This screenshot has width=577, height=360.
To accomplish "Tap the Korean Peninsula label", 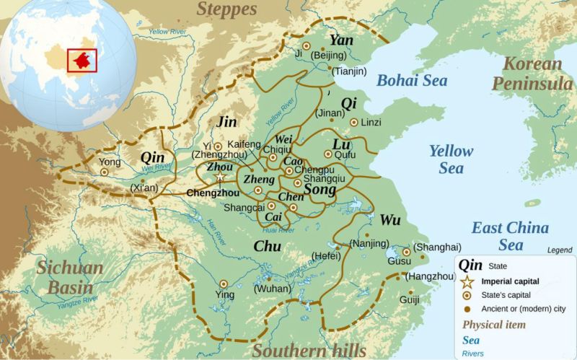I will pyautogui.click(x=532, y=74).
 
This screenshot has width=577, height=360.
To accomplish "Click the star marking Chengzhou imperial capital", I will pyautogui.click(x=220, y=177).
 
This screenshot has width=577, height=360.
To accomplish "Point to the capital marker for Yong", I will pyautogui.click(x=105, y=172).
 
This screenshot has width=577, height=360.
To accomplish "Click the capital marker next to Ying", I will pyautogui.click(x=224, y=284).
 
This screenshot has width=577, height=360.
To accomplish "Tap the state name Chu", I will pyautogui.click(x=267, y=247).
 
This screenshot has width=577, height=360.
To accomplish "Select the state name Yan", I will pyautogui.click(x=341, y=40).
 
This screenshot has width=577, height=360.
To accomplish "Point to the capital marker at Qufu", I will pyautogui.click(x=328, y=154).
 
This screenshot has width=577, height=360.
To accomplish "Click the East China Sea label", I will pyautogui.click(x=510, y=236).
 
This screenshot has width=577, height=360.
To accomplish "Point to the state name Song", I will pyautogui.click(x=320, y=189).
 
